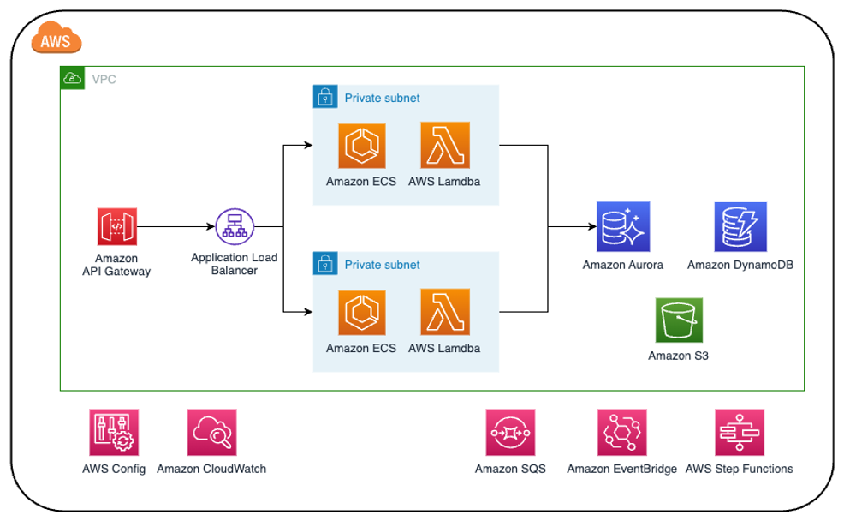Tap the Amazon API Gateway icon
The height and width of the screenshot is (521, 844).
(x=116, y=227)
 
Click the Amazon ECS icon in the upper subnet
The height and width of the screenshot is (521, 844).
(x=361, y=147)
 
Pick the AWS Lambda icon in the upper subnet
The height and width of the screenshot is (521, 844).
(x=444, y=147)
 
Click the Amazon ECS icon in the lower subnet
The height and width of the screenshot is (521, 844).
(x=361, y=313)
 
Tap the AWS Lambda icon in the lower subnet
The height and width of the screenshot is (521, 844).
(x=444, y=313)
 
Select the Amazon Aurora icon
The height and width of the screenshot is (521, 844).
(x=623, y=227)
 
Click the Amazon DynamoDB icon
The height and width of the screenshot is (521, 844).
(x=740, y=227)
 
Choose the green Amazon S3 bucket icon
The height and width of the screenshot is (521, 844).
(x=679, y=320)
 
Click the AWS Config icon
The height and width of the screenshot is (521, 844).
(x=114, y=433)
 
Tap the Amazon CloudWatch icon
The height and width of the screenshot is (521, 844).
(x=211, y=433)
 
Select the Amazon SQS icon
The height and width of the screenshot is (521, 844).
(x=510, y=433)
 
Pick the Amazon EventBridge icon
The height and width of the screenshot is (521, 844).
(x=621, y=433)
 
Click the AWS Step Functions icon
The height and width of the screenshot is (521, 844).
(x=739, y=433)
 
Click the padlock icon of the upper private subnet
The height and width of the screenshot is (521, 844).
(x=324, y=98)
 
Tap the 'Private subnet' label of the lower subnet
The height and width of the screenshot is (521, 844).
(x=382, y=265)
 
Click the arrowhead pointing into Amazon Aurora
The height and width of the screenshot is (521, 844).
(x=591, y=227)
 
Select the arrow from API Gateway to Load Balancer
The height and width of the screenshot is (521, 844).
(x=175, y=227)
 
